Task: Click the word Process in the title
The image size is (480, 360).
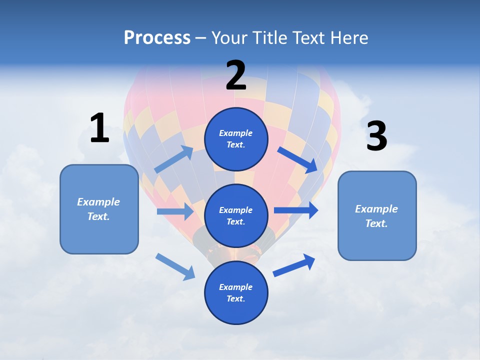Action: click(157, 38)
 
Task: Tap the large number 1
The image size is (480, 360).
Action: click(99, 128)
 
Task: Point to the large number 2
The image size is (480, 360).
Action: click(236, 76)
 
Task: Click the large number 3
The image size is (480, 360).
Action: click(376, 136)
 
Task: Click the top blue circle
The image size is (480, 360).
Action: click(236, 139)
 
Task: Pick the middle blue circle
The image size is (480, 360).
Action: click(236, 215)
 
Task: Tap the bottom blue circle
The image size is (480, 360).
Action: click(236, 292)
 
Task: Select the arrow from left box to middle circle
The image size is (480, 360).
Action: click(175, 211)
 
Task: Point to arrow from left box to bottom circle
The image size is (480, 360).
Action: click(175, 266)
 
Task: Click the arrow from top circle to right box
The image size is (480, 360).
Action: click(297, 159)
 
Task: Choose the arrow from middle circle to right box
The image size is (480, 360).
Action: click(296, 210)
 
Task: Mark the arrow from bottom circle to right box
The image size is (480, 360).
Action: click(294, 265)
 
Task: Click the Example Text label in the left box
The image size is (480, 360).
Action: click(98, 209)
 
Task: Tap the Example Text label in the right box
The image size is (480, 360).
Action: click(376, 216)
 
